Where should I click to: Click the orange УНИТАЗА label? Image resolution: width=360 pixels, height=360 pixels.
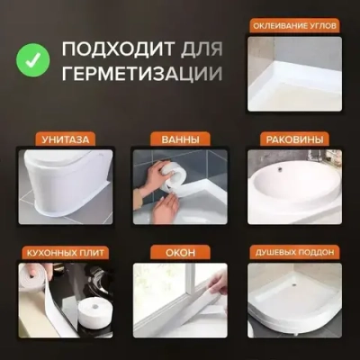(65, 139)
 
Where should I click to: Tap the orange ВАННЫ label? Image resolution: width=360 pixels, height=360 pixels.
(179, 139)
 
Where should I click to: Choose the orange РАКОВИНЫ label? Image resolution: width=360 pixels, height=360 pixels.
(294, 139)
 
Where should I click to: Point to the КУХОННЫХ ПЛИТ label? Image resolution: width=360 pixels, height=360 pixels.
(65, 254)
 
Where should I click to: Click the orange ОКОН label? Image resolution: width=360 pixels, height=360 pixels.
(179, 254)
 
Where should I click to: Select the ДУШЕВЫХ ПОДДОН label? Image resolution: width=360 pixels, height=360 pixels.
(294, 254)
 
